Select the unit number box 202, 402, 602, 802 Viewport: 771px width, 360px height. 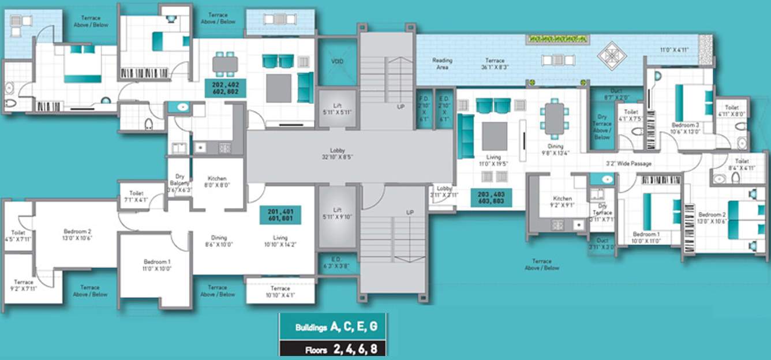[226, 87]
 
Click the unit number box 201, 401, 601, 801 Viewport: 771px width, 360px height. [280, 215]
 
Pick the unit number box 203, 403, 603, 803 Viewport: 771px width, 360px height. [491, 198]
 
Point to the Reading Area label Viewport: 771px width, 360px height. [443, 63]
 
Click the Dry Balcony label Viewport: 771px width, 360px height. [179, 183]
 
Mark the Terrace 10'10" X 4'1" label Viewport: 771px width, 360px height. [280, 292]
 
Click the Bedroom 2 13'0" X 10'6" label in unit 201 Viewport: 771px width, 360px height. [77, 234]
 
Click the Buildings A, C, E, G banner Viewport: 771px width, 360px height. [333, 327]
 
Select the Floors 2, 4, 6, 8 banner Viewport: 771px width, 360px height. [333, 350]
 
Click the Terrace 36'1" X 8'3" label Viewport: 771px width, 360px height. [495, 63]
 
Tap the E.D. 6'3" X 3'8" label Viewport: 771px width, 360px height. [337, 262]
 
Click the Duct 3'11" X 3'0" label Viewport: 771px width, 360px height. [602, 243]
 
